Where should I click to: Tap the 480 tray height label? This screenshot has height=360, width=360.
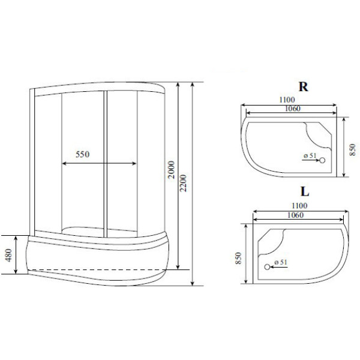9,255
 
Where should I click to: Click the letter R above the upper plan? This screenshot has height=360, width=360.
304,86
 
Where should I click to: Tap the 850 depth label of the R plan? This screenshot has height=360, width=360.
352,148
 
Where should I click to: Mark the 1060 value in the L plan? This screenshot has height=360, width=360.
295,215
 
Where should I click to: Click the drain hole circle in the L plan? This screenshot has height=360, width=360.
267,267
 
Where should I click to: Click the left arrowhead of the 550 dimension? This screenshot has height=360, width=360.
64,163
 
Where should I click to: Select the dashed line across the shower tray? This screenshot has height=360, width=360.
96,268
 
